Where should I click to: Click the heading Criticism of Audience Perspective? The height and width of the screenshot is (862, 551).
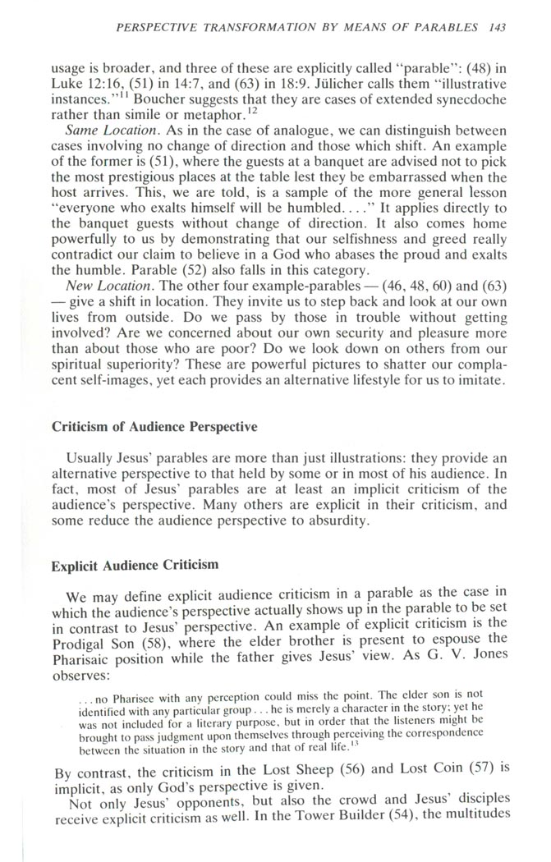[x=154, y=426]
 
